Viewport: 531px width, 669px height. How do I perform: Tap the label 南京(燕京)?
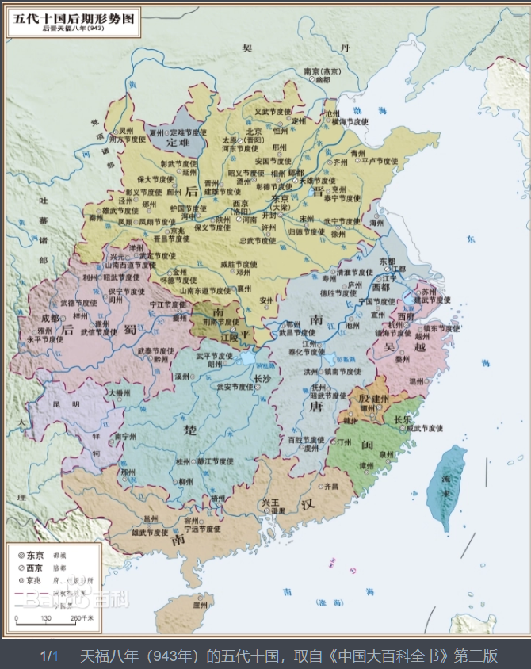(322, 71)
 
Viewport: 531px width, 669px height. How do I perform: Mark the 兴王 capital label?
(270, 503)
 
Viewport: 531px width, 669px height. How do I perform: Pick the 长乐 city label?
(403, 419)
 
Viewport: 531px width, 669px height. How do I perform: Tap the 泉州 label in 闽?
(387, 455)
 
